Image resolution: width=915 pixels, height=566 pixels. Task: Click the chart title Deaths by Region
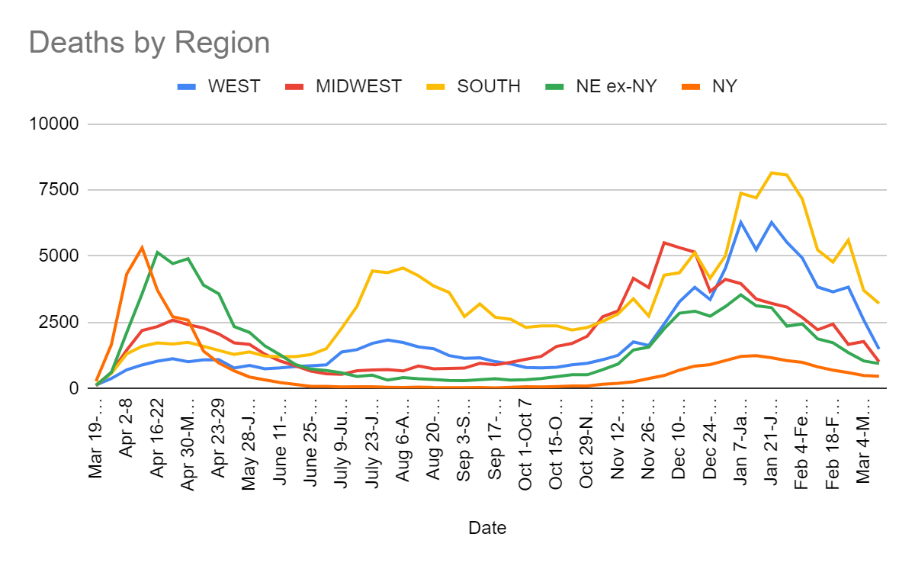(149, 42)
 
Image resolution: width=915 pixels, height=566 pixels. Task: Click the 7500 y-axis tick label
(60, 190)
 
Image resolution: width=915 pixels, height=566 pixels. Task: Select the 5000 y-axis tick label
(60, 256)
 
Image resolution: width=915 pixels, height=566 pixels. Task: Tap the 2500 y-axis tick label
(60, 323)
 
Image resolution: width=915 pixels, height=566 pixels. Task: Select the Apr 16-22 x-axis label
(158, 440)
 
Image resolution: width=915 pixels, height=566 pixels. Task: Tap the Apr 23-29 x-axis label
(219, 440)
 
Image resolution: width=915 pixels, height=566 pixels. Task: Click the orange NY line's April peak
(142, 247)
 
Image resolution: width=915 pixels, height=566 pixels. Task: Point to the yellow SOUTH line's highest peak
(772, 172)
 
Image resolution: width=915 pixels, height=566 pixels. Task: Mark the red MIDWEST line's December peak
(663, 243)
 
